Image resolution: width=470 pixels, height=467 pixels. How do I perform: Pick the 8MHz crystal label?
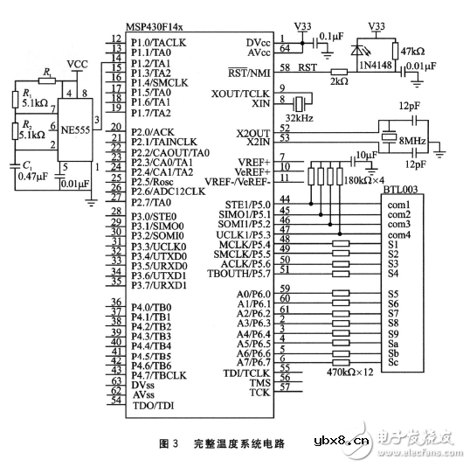411,141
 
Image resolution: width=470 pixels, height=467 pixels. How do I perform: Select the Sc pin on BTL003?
393,361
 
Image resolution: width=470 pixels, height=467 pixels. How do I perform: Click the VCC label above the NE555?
78,65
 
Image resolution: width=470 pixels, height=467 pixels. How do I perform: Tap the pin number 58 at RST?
285,66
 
